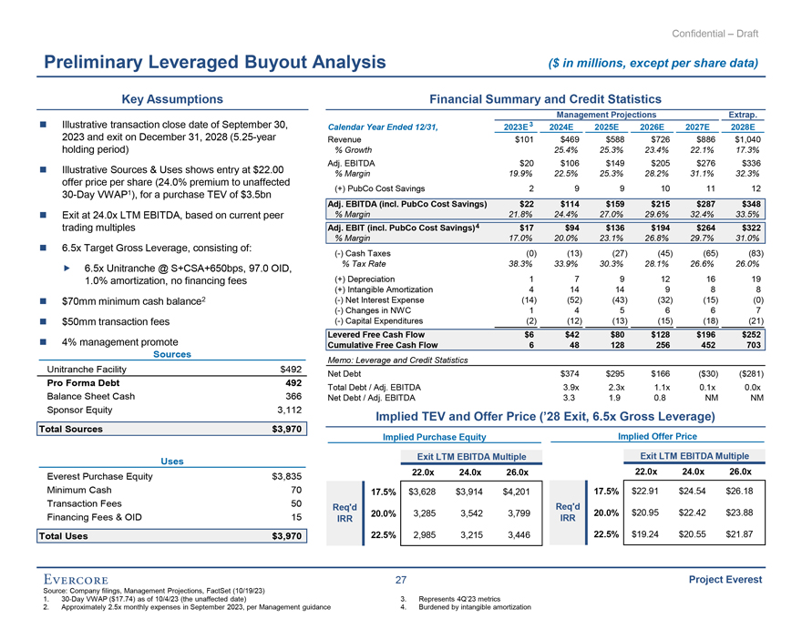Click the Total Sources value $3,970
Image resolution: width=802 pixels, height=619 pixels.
[x=283, y=430]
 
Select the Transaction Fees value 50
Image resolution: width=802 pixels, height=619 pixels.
[x=293, y=503]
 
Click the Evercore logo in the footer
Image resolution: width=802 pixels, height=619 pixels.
[x=81, y=579]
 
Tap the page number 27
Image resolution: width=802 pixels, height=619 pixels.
[x=401, y=579]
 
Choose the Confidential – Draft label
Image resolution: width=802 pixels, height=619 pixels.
[x=715, y=34]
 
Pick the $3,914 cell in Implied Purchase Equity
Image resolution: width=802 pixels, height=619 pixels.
[x=469, y=492]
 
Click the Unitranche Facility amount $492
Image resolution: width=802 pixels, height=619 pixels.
[x=288, y=370]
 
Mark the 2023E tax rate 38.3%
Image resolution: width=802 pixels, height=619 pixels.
[x=519, y=264]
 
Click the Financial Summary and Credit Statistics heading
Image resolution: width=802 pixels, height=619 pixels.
[x=545, y=98]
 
